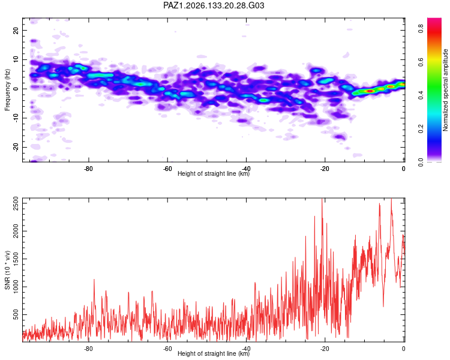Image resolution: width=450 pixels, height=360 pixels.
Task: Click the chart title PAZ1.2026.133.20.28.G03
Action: (x=214, y=5)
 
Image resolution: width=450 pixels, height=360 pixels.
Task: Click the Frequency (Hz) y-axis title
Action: (x=7, y=90)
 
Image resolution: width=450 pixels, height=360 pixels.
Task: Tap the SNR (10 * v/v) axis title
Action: (x=7, y=270)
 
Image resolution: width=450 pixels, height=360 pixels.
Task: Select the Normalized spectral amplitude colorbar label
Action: (x=445, y=90)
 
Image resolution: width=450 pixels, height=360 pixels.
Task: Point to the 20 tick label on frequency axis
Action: (x=16, y=30)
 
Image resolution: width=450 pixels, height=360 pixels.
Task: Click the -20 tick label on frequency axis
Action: (x=16, y=147)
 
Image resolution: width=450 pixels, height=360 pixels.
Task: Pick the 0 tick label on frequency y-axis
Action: (x=16, y=89)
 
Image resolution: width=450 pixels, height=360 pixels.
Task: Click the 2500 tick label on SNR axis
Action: (x=16, y=203)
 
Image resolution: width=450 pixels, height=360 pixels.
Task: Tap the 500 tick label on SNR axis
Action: (x=16, y=314)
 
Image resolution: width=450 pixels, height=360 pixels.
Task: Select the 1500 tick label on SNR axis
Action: (x=16, y=259)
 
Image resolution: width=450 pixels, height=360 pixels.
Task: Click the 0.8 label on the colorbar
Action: (x=421, y=28)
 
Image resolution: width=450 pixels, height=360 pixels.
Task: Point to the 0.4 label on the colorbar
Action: (x=421, y=95)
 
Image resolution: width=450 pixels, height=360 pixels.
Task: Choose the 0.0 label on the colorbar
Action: (x=421, y=162)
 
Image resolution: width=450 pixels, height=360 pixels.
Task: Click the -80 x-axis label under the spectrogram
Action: (x=88, y=169)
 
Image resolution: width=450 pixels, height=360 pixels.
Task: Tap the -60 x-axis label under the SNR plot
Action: (x=167, y=349)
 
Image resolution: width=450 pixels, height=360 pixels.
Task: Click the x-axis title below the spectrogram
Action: (x=214, y=173)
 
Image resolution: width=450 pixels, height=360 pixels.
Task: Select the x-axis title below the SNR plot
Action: (x=214, y=353)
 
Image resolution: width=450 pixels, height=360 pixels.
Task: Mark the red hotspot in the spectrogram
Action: (x=370, y=91)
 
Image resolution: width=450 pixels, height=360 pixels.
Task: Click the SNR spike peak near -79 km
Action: (x=94, y=280)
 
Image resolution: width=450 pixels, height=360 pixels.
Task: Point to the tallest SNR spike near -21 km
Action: (x=322, y=199)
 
